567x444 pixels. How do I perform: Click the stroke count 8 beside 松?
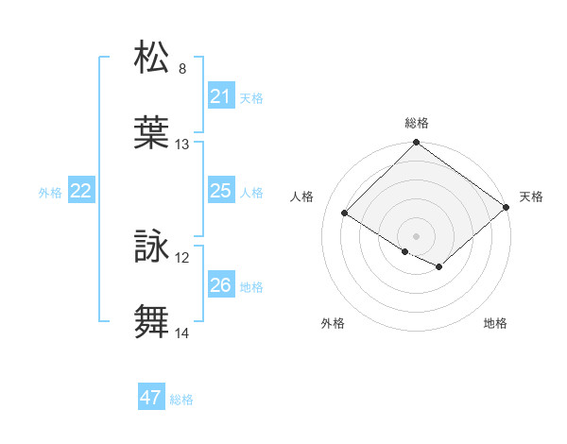[182, 69]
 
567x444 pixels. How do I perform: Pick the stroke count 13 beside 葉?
[182, 145]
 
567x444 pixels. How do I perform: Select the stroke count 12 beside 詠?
[182, 258]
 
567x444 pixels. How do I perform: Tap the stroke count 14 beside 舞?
[182, 333]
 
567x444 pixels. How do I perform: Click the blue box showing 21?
[220, 96]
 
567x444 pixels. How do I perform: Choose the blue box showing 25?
[220, 191]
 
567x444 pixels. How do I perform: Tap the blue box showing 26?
[220, 285]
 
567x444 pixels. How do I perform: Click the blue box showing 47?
[151, 398]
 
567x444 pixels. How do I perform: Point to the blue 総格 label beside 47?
[181, 400]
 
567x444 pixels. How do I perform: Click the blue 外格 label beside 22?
[50, 193]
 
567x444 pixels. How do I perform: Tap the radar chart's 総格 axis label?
[417, 123]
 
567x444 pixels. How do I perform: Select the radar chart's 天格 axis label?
[531, 196]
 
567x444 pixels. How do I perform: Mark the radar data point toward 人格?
[346, 213]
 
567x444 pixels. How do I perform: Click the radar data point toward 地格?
[439, 267]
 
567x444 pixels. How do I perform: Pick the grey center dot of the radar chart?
[416, 235]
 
